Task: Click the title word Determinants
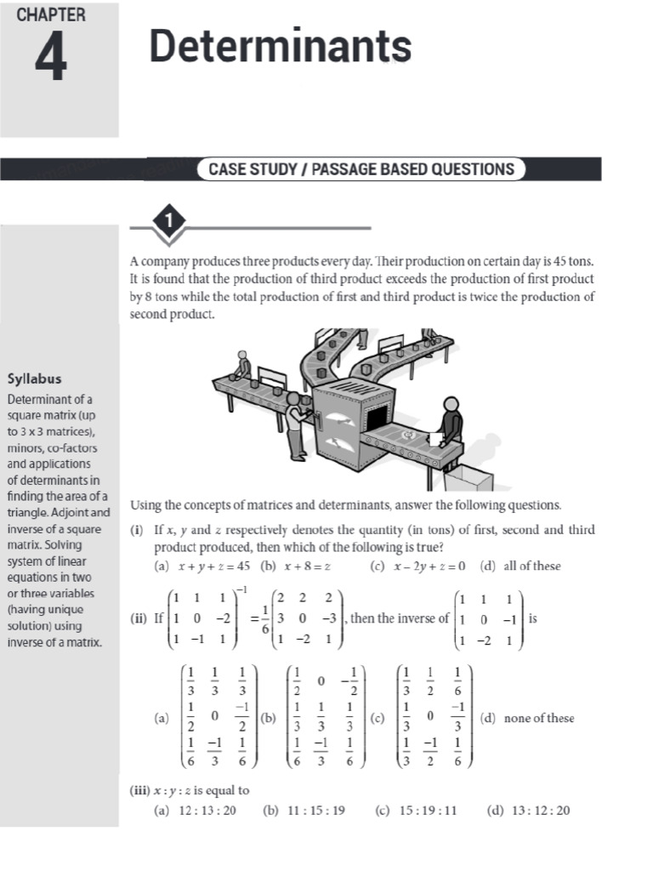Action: pyautogui.click(x=281, y=46)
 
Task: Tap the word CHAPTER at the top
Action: pyautogui.click(x=52, y=15)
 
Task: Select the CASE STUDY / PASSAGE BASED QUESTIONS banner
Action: pyautogui.click(x=361, y=168)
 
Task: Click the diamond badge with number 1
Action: pyautogui.click(x=170, y=221)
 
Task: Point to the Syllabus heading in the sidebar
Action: pyautogui.click(x=34, y=379)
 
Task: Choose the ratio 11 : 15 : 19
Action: pyautogui.click(x=315, y=810)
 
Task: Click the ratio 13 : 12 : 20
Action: pyautogui.click(x=539, y=810)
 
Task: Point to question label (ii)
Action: pyautogui.click(x=140, y=618)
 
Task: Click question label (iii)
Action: pyautogui.click(x=141, y=790)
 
